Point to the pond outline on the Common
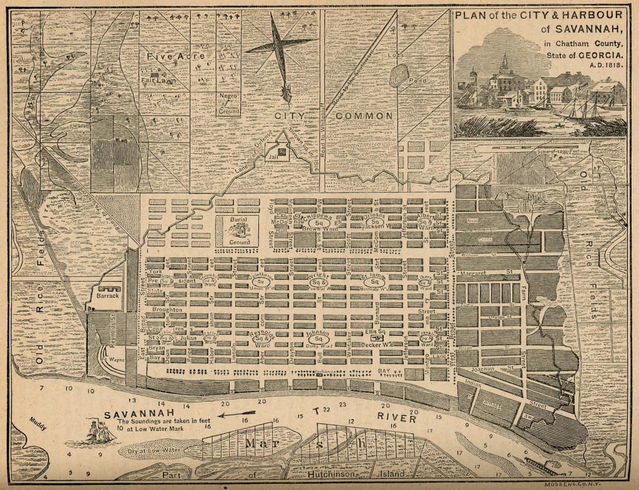click(398, 77)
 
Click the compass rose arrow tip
click(286, 97)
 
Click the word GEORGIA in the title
click(602, 55)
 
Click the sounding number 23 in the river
click(341, 405)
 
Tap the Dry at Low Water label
click(154, 449)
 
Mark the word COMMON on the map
click(364, 116)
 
